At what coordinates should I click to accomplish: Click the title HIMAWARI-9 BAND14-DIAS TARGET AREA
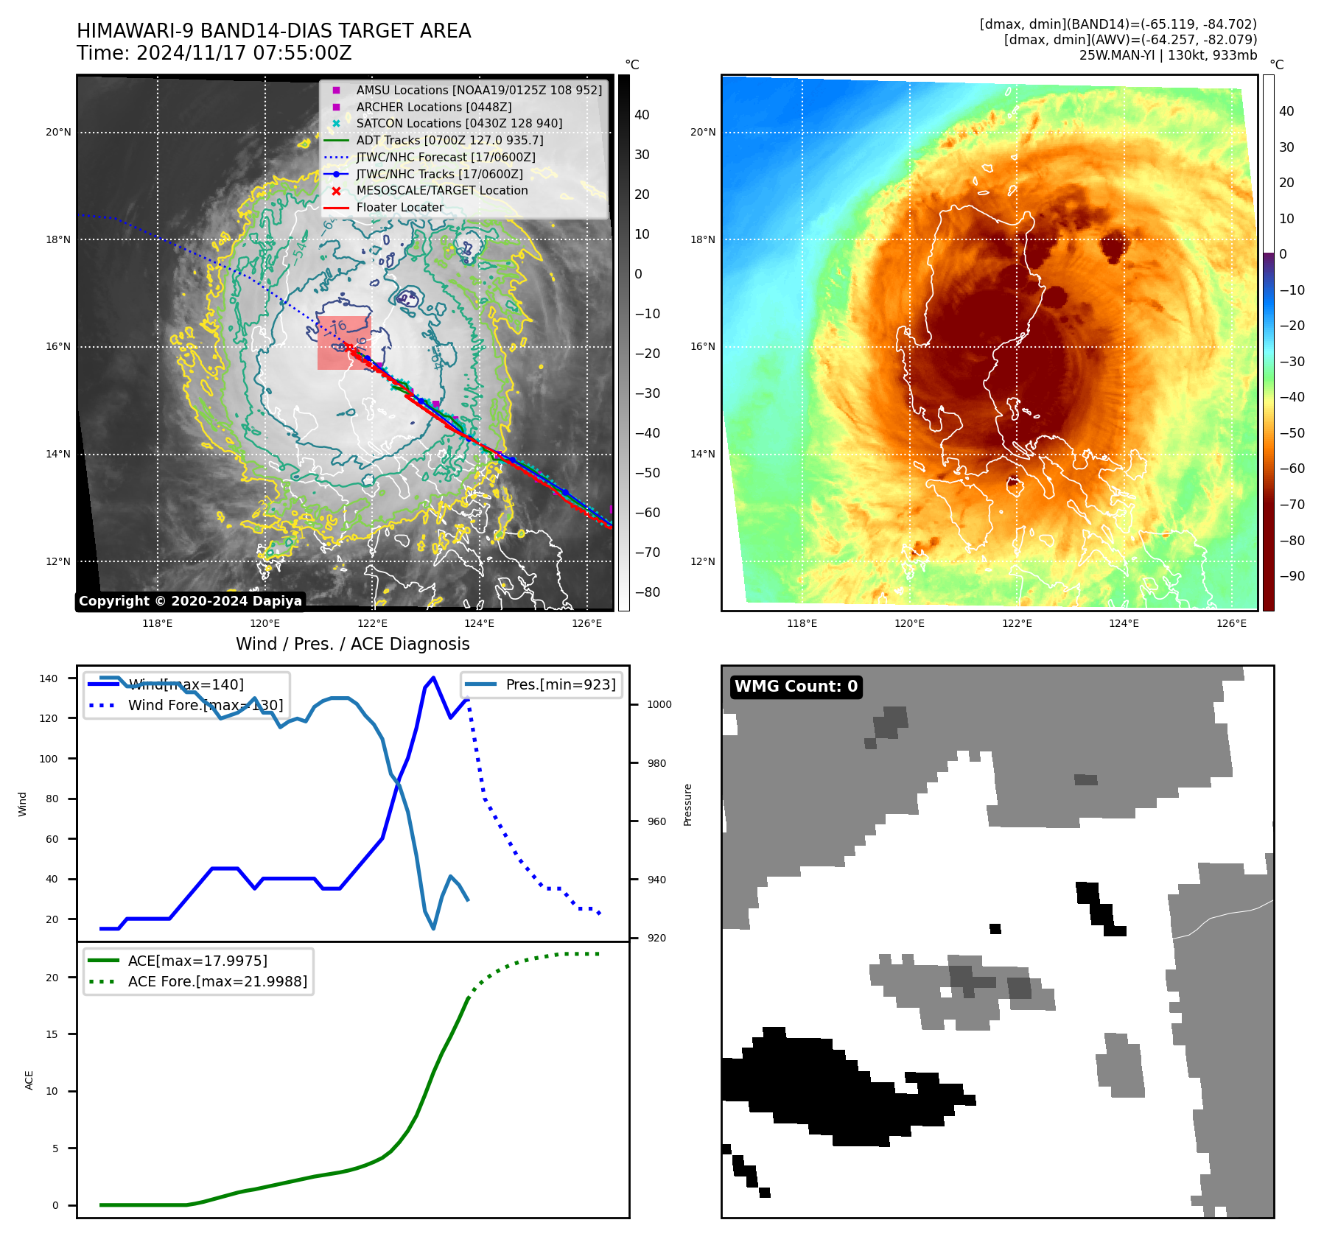[273, 31]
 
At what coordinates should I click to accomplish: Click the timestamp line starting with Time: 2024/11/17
[214, 53]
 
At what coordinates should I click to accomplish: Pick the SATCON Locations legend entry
[458, 123]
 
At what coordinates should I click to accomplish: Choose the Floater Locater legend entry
[399, 207]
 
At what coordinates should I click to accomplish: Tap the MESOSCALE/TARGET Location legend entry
[441, 190]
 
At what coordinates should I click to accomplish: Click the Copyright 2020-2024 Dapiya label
[190, 601]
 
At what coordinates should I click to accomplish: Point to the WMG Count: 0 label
[796, 687]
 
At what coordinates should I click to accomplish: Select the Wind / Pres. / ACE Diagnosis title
[352, 644]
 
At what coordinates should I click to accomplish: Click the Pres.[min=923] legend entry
[560, 684]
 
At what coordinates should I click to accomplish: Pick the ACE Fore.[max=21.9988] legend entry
[217, 981]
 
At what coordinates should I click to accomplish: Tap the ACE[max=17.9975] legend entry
[197, 961]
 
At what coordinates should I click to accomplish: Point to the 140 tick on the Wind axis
[49, 678]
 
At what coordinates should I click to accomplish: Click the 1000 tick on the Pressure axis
[659, 704]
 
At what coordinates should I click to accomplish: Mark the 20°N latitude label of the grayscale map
[58, 133]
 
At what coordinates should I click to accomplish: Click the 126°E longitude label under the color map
[1231, 623]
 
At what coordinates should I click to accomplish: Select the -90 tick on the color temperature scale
[1292, 576]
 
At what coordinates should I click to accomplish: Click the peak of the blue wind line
[433, 677]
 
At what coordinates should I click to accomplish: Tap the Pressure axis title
[687, 804]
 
